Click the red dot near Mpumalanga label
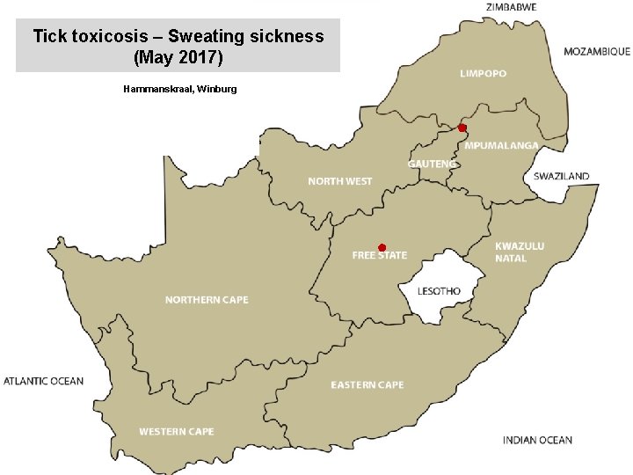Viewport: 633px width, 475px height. [x=462, y=128]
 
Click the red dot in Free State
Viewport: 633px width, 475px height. [x=382, y=247]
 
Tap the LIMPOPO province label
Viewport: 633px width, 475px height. [x=483, y=73]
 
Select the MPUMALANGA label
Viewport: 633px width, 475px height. [x=501, y=145]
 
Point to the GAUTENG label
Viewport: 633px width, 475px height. [x=432, y=164]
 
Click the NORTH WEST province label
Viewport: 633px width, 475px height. [x=339, y=181]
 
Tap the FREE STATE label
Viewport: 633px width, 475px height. [x=380, y=256]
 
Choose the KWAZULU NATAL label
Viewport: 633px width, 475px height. [x=519, y=252]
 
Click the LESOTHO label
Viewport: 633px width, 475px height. [x=439, y=291]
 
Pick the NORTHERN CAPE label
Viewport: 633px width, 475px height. [x=207, y=300]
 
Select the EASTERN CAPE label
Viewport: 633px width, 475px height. [x=367, y=385]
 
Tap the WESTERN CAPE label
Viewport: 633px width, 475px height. [x=176, y=432]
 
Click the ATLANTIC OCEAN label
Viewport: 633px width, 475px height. [x=43, y=381]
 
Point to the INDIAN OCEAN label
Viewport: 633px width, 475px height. [x=537, y=440]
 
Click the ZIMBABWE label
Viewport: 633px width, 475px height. [x=511, y=7]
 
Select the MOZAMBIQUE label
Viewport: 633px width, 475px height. [x=596, y=52]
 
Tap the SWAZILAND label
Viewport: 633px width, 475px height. [x=561, y=177]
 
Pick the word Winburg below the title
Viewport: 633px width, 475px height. [x=216, y=90]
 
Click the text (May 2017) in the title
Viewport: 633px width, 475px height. [x=178, y=57]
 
